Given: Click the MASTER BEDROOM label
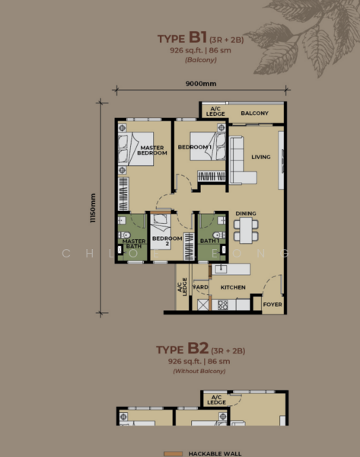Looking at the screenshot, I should click(x=151, y=150).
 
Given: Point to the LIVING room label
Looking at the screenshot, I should click(x=261, y=157).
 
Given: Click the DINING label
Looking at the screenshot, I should click(x=246, y=213).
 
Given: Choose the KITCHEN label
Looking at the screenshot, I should click(x=233, y=287).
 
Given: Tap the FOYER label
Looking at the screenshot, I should click(x=272, y=305).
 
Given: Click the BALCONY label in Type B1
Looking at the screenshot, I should click(x=254, y=113).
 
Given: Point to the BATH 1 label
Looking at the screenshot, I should click(x=209, y=241).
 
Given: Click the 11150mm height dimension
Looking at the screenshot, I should click(x=94, y=206).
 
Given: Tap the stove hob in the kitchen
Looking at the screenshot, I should click(x=224, y=305).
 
